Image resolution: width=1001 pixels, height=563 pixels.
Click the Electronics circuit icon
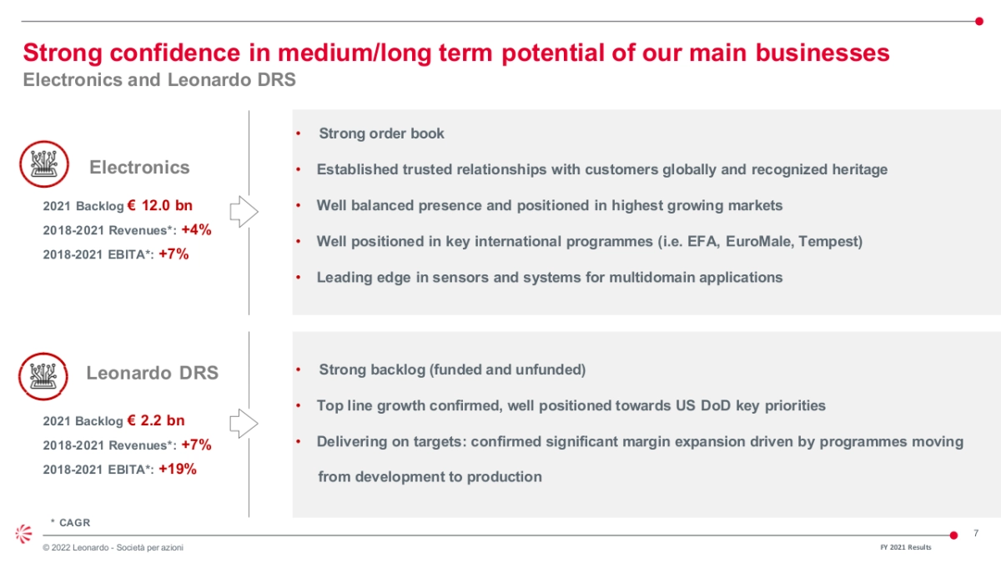[43, 164]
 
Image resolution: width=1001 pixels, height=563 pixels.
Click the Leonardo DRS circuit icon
[43, 376]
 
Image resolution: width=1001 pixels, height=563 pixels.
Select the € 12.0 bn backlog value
[159, 205]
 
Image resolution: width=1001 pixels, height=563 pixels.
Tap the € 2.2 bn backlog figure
[155, 420]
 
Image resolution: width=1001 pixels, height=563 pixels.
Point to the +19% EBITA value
[178, 469]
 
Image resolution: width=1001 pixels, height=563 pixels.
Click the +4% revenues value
[196, 229]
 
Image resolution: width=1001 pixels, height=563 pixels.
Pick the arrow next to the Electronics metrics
[244, 211]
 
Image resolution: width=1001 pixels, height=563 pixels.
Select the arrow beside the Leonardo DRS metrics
[244, 423]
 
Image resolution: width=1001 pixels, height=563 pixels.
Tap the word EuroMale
[760, 241]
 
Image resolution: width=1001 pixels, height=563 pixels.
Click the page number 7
[976, 533]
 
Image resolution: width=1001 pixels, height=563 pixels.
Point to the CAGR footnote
[71, 522]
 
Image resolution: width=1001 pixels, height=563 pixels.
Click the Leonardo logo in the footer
[23, 534]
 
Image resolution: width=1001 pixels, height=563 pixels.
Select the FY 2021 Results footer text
[906, 547]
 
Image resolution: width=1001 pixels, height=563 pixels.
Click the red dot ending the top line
[979, 21]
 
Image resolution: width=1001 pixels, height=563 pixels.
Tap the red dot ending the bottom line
[953, 535]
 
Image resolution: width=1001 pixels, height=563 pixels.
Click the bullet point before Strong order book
[299, 133]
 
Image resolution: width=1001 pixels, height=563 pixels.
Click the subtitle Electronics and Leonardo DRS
[159, 79]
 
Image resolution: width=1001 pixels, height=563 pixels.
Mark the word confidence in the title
[175, 53]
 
